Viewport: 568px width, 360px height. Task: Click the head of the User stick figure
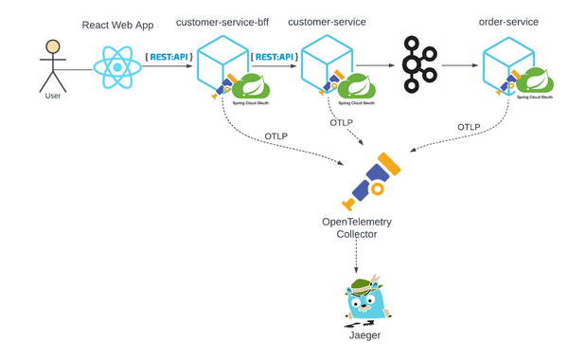pos(53,47)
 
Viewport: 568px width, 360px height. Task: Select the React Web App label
pos(117,26)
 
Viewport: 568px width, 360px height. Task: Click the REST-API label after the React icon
pos(168,56)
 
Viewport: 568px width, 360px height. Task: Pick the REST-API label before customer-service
pos(272,56)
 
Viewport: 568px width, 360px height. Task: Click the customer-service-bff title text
pos(221,20)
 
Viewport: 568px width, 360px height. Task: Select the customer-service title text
pos(327,20)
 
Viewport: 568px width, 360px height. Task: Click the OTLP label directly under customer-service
pos(342,122)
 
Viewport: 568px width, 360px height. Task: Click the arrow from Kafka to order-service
pos(459,65)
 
